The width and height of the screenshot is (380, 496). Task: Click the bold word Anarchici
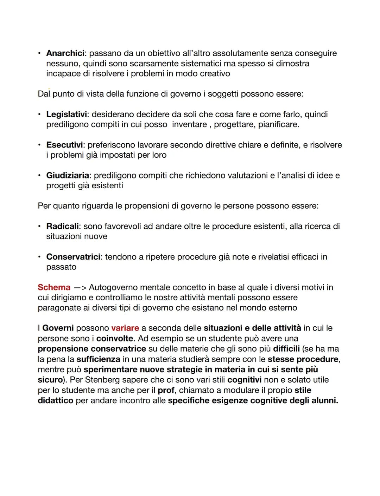click(x=65, y=53)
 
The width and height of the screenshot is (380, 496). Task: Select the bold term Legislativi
click(x=68, y=114)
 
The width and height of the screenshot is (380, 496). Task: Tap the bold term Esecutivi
click(x=64, y=145)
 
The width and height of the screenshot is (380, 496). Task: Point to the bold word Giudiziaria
click(x=68, y=175)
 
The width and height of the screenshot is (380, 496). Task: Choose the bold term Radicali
click(x=63, y=226)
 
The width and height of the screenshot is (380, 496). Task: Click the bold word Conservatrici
click(x=73, y=257)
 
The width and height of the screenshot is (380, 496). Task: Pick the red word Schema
click(x=54, y=287)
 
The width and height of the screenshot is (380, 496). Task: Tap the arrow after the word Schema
click(x=80, y=288)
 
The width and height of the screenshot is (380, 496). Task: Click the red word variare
click(x=125, y=328)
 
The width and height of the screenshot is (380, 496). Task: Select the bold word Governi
click(x=58, y=328)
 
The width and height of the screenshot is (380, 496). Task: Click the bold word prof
click(x=166, y=390)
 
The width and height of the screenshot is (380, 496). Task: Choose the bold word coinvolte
click(x=115, y=338)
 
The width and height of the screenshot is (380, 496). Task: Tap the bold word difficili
click(x=286, y=349)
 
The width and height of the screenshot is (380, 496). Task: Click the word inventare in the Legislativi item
click(x=189, y=124)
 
